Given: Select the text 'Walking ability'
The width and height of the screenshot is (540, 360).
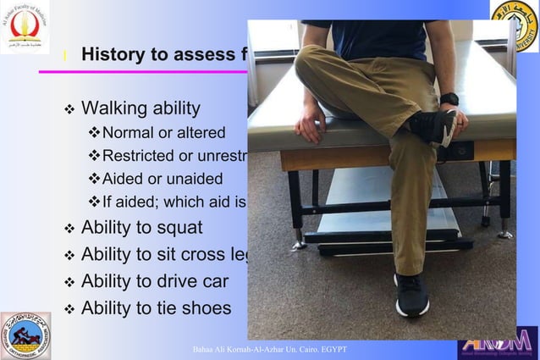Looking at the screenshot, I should pyautogui.click(x=141, y=108).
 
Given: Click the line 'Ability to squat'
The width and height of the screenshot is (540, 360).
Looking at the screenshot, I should pyautogui.click(x=141, y=227).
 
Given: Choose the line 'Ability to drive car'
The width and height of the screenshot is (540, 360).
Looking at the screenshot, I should pyautogui.click(x=154, y=280).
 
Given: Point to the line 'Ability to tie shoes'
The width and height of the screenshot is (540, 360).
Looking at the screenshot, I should pyautogui.click(x=156, y=307).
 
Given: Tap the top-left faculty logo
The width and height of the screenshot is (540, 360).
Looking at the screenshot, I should pyautogui.click(x=24, y=27).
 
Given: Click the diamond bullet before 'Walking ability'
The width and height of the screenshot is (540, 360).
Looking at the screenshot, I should pyautogui.click(x=69, y=109).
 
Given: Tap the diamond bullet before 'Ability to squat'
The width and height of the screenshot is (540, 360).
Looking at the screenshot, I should pyautogui.click(x=69, y=228).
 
